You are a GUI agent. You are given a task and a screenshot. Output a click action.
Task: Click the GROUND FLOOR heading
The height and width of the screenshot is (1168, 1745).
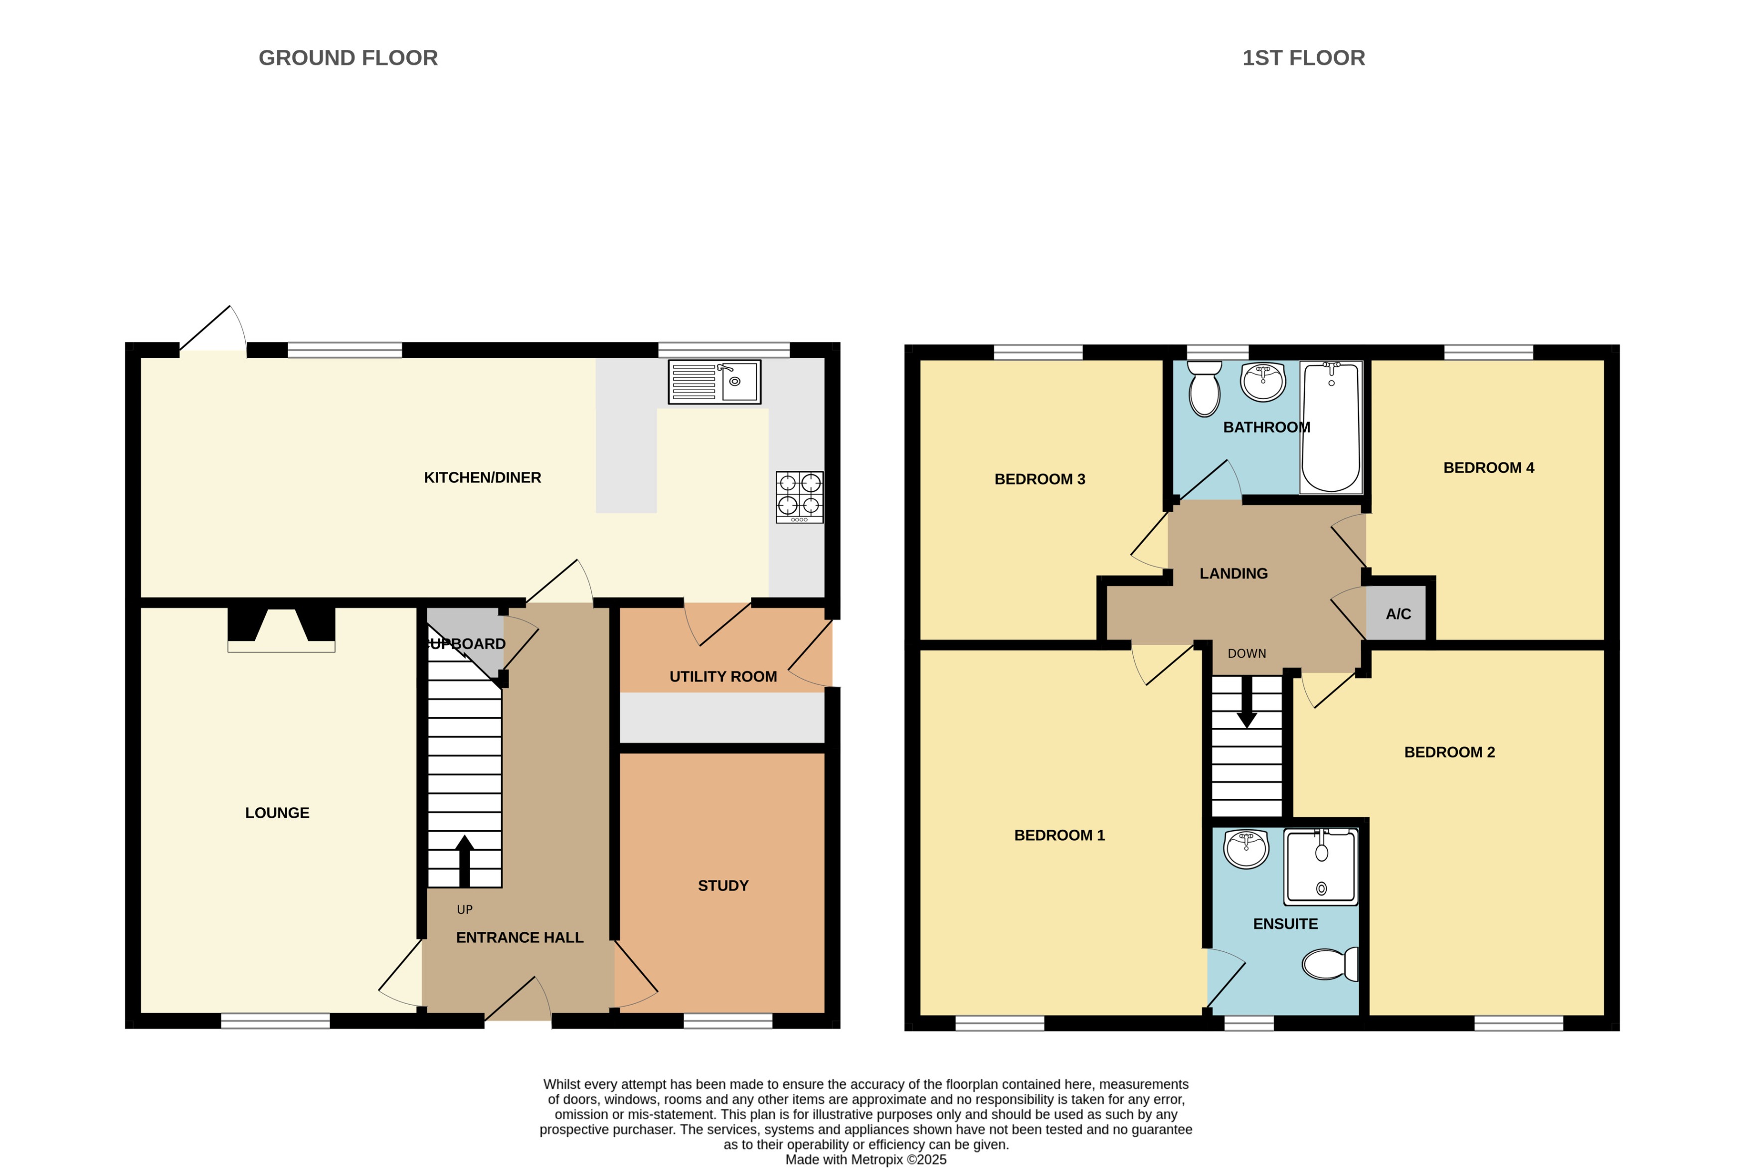pos(348,58)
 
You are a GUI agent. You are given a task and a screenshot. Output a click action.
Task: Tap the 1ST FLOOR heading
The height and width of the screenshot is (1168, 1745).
pos(1303,58)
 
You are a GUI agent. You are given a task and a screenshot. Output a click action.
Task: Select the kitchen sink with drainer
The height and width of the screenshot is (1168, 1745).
pos(714,382)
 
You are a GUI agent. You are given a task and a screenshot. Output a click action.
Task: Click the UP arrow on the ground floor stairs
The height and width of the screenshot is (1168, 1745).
pos(464,861)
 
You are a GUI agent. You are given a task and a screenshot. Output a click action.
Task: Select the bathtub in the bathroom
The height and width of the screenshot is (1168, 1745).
pos(1331,428)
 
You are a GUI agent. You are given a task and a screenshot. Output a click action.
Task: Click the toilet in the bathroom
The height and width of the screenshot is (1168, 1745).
pos(1204,389)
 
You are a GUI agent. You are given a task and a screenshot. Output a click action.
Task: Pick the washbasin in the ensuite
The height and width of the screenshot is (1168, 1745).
pos(1246,849)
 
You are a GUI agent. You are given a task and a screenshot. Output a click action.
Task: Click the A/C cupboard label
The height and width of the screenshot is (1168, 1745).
pos(1398,614)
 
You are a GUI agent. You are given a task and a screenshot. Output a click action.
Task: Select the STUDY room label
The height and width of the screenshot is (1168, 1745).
pos(723,885)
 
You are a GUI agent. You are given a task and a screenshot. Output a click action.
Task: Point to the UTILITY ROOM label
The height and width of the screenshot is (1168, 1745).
pos(723,676)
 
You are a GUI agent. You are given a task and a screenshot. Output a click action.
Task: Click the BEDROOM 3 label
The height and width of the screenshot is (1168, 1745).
pos(1040,479)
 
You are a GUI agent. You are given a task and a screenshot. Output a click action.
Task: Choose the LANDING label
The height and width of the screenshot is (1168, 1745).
pos(1233,574)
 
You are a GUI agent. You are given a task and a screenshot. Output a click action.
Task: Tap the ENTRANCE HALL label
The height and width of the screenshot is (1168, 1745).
pos(520,938)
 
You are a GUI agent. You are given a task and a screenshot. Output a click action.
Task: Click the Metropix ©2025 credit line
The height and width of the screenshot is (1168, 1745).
pos(866,1159)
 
